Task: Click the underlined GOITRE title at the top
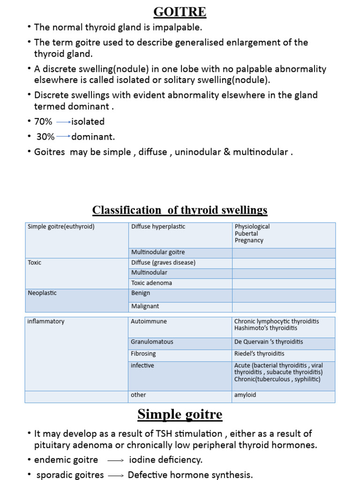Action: click(180, 11)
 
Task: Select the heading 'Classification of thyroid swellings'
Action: click(180, 210)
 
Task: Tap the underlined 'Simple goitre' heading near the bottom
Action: click(180, 414)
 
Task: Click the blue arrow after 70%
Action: click(63, 122)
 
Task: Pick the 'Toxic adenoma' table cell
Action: click(151, 283)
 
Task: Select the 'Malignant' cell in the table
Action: click(145, 306)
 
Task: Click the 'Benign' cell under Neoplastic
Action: click(141, 293)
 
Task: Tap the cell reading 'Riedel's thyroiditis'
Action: click(259, 354)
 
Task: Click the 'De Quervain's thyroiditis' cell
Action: click(269, 342)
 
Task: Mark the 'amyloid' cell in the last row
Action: click(245, 395)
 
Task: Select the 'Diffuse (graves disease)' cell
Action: click(163, 262)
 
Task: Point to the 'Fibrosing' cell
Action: click(143, 354)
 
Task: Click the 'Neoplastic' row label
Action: click(42, 293)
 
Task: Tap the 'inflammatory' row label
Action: click(46, 322)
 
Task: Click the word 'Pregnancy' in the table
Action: click(249, 240)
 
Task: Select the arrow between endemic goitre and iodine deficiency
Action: click(115, 461)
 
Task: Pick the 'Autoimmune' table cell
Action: click(149, 322)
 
